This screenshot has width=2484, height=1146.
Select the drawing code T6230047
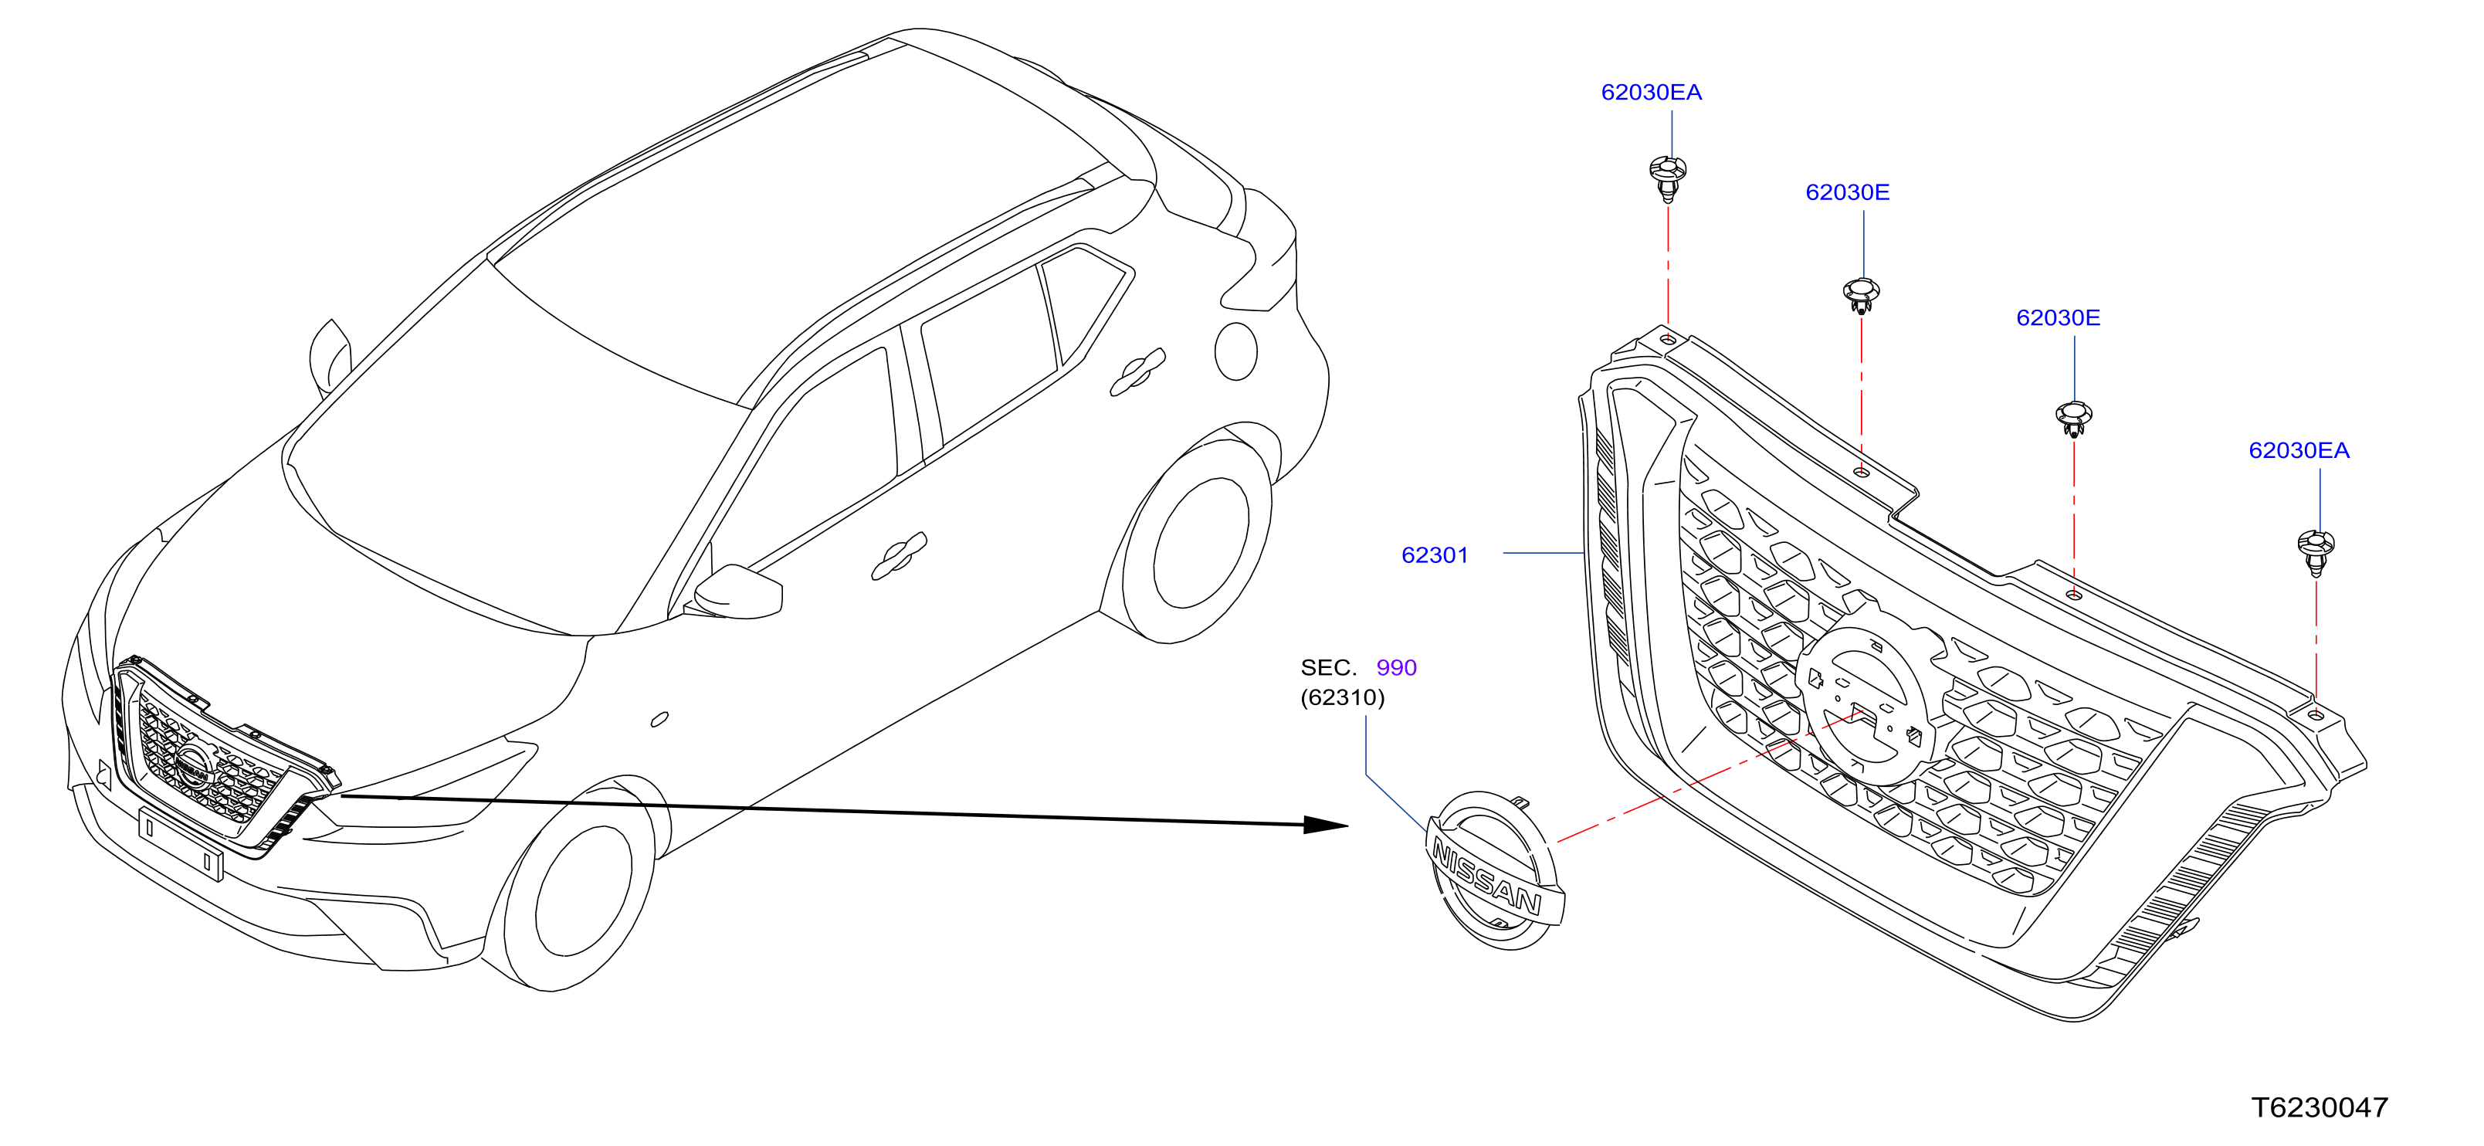point(2319,1107)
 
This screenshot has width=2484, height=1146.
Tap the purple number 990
point(1396,667)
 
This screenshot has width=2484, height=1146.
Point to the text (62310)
point(1342,697)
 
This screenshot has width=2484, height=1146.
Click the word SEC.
point(1328,667)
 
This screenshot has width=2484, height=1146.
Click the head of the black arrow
point(1326,825)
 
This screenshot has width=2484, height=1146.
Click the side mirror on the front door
point(737,590)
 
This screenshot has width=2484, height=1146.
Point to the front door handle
point(899,557)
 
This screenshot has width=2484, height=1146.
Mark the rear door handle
point(1138,372)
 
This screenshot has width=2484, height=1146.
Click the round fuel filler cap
point(1236,351)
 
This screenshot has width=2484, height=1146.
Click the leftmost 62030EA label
point(1651,93)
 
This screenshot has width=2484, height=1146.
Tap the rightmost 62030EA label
point(2299,450)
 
